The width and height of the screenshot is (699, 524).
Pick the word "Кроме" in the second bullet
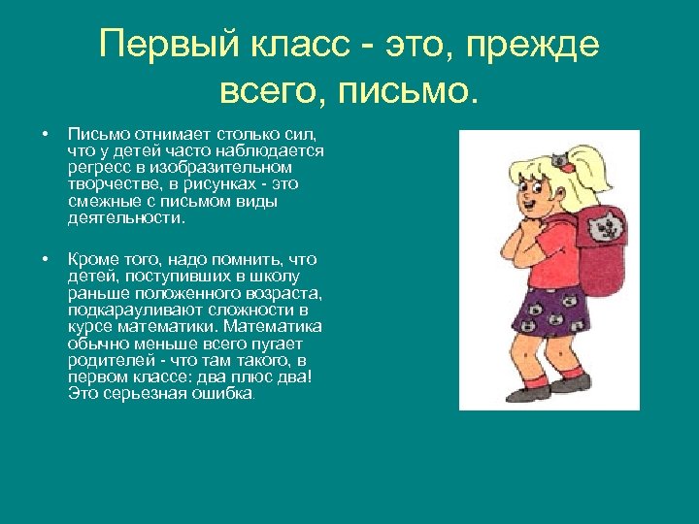point(91,260)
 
